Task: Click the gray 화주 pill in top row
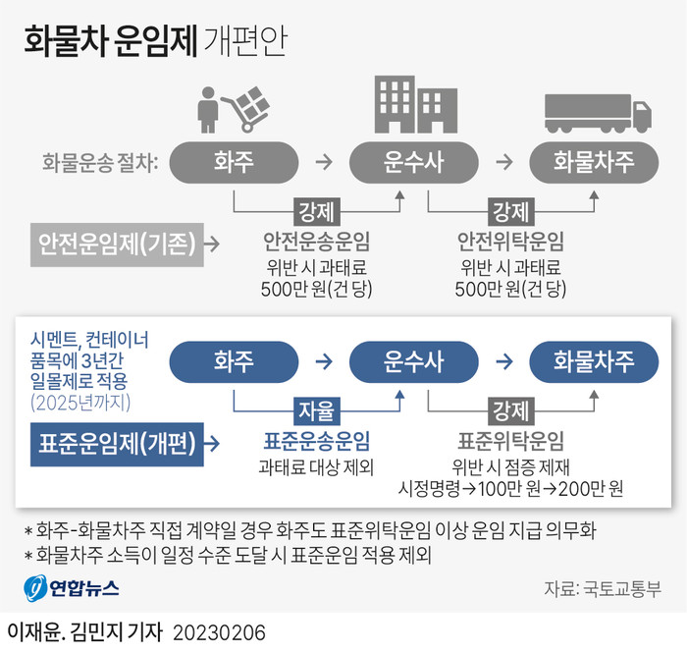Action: click(x=234, y=161)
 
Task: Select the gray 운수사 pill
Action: click(x=413, y=161)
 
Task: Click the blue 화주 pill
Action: click(x=234, y=361)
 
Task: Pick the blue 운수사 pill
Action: click(x=413, y=361)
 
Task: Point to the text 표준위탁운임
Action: click(x=511, y=440)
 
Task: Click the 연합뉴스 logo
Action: click(x=72, y=588)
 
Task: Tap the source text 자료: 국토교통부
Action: click(x=602, y=589)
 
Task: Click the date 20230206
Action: click(x=218, y=629)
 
